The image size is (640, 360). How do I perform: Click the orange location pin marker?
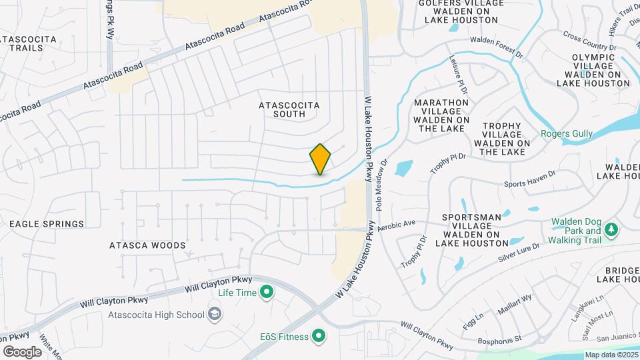(321, 159)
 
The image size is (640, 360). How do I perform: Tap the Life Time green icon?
(267, 291)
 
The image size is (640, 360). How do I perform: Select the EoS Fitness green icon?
(319, 336)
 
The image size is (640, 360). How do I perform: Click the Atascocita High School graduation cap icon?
(215, 313)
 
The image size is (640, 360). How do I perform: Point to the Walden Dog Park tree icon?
(611, 230)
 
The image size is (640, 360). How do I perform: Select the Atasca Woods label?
(147, 245)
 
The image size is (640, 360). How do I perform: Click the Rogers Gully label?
(566, 133)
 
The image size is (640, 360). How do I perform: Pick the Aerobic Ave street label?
(396, 226)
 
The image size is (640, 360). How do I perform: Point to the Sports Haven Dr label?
(529, 178)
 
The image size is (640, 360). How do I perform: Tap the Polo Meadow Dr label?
(380, 182)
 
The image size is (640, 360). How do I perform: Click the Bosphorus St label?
(499, 339)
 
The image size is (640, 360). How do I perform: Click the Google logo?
(22, 351)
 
